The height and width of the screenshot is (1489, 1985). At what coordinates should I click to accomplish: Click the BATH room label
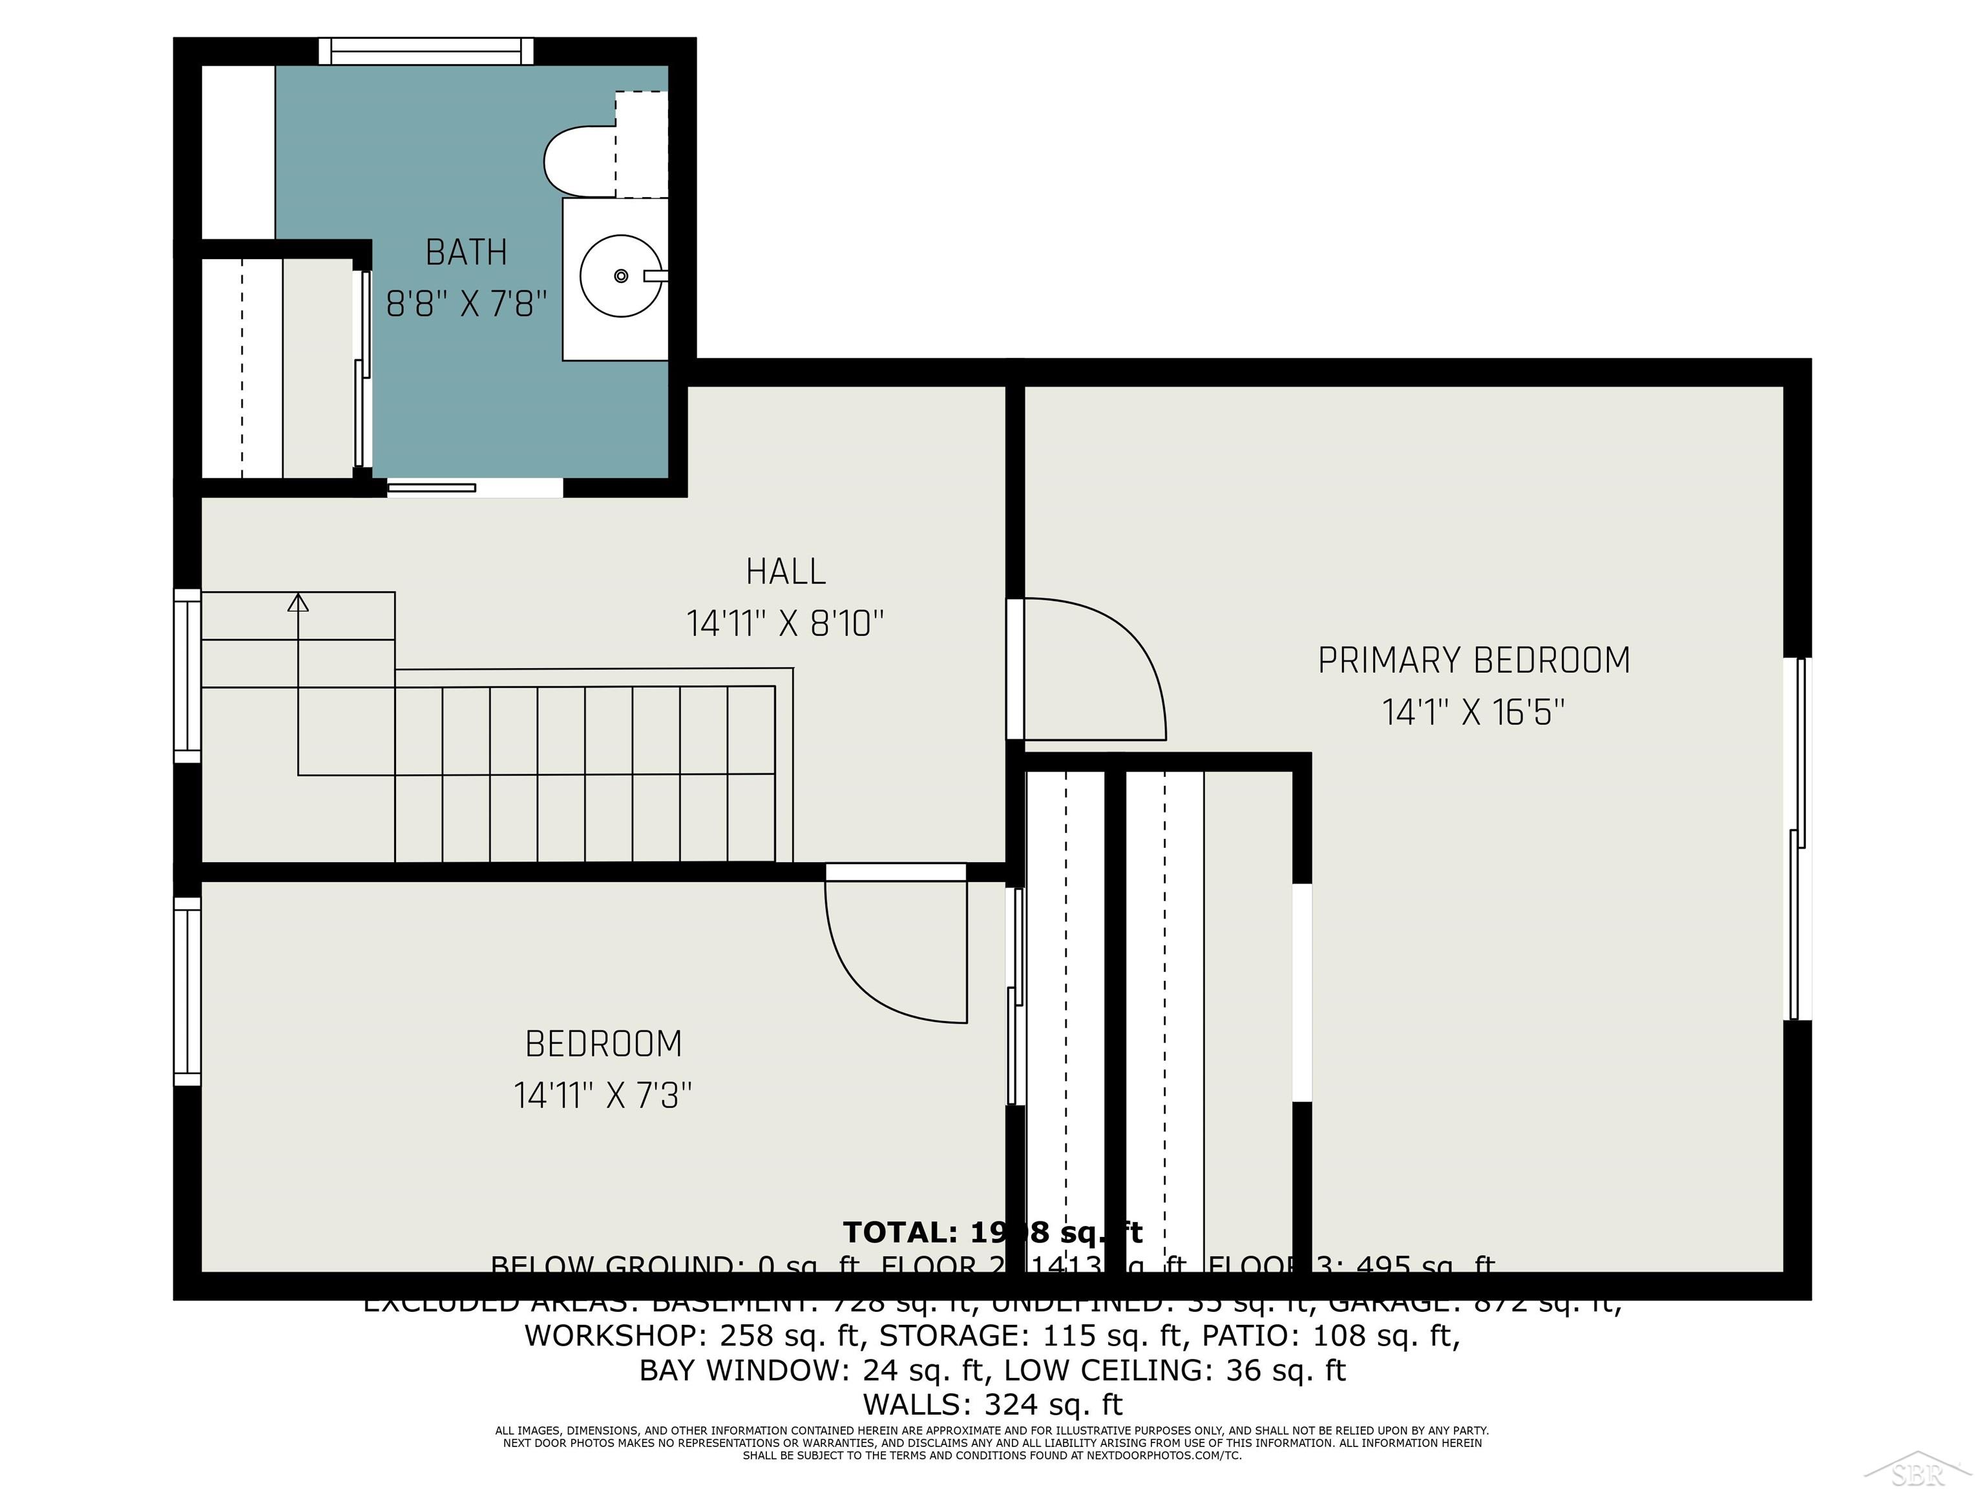pyautogui.click(x=466, y=252)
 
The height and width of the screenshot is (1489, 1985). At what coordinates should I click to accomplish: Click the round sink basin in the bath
pyautogui.click(x=620, y=275)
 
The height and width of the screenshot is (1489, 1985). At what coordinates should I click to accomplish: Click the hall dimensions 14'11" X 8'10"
pyautogui.click(x=785, y=623)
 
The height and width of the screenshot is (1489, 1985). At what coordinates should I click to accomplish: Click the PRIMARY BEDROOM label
pyautogui.click(x=1473, y=660)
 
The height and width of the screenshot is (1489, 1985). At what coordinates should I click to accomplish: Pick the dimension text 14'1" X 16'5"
pyautogui.click(x=1473, y=713)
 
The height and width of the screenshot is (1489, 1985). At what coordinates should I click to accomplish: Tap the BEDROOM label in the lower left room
pyautogui.click(x=603, y=1044)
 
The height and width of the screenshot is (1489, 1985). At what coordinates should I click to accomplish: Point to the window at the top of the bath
pyautogui.click(x=426, y=50)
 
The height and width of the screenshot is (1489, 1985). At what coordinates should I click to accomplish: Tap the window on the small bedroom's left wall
pyautogui.click(x=187, y=992)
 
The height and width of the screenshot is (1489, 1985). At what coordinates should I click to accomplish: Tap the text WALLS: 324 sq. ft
pyautogui.click(x=992, y=1404)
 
